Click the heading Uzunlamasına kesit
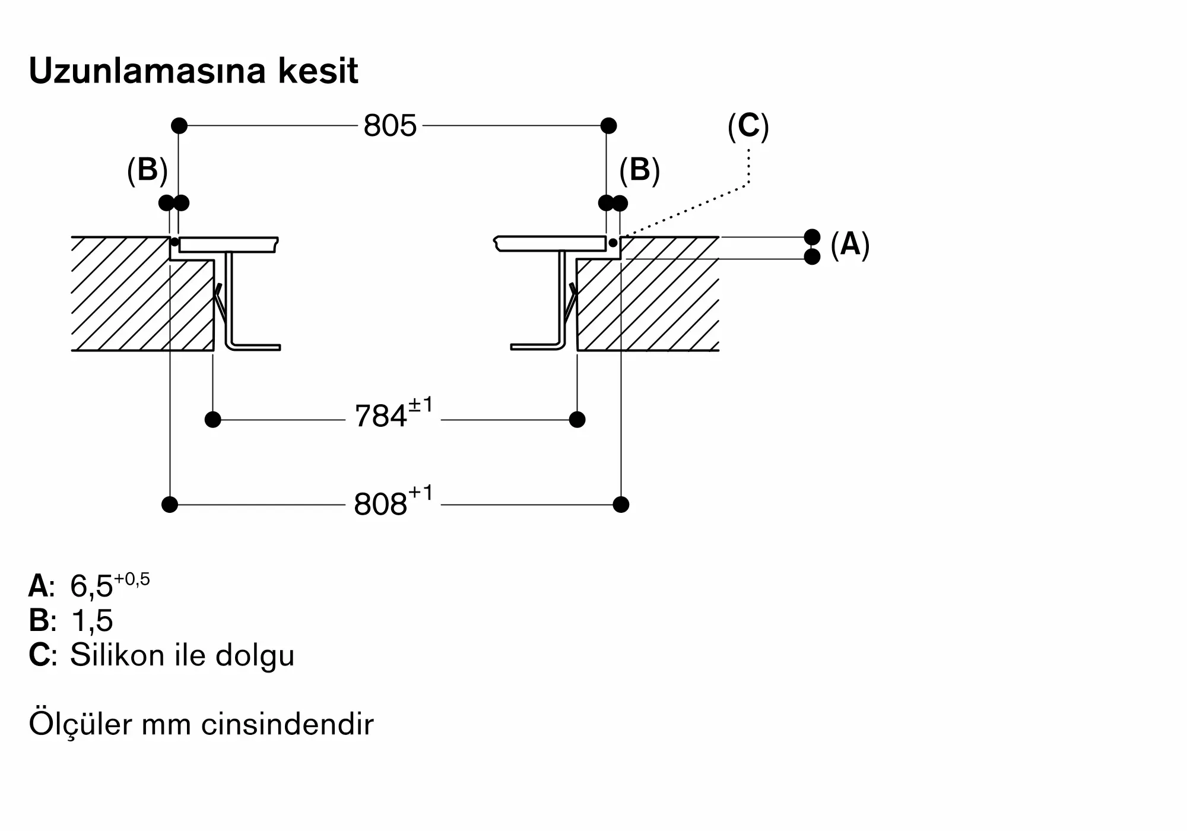(x=193, y=71)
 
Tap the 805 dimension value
(x=390, y=126)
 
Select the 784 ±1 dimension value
(x=393, y=413)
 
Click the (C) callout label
(x=748, y=126)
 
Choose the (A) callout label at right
(x=850, y=244)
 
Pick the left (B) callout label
(x=147, y=170)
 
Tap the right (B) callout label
(x=639, y=170)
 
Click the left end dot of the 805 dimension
(x=179, y=126)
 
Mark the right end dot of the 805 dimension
(x=608, y=126)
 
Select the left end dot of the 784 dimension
(x=212, y=420)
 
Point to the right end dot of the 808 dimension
(x=621, y=505)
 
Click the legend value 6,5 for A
(x=110, y=585)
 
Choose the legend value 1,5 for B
(x=91, y=621)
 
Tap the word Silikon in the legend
(x=118, y=655)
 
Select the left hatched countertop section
(x=142, y=294)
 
